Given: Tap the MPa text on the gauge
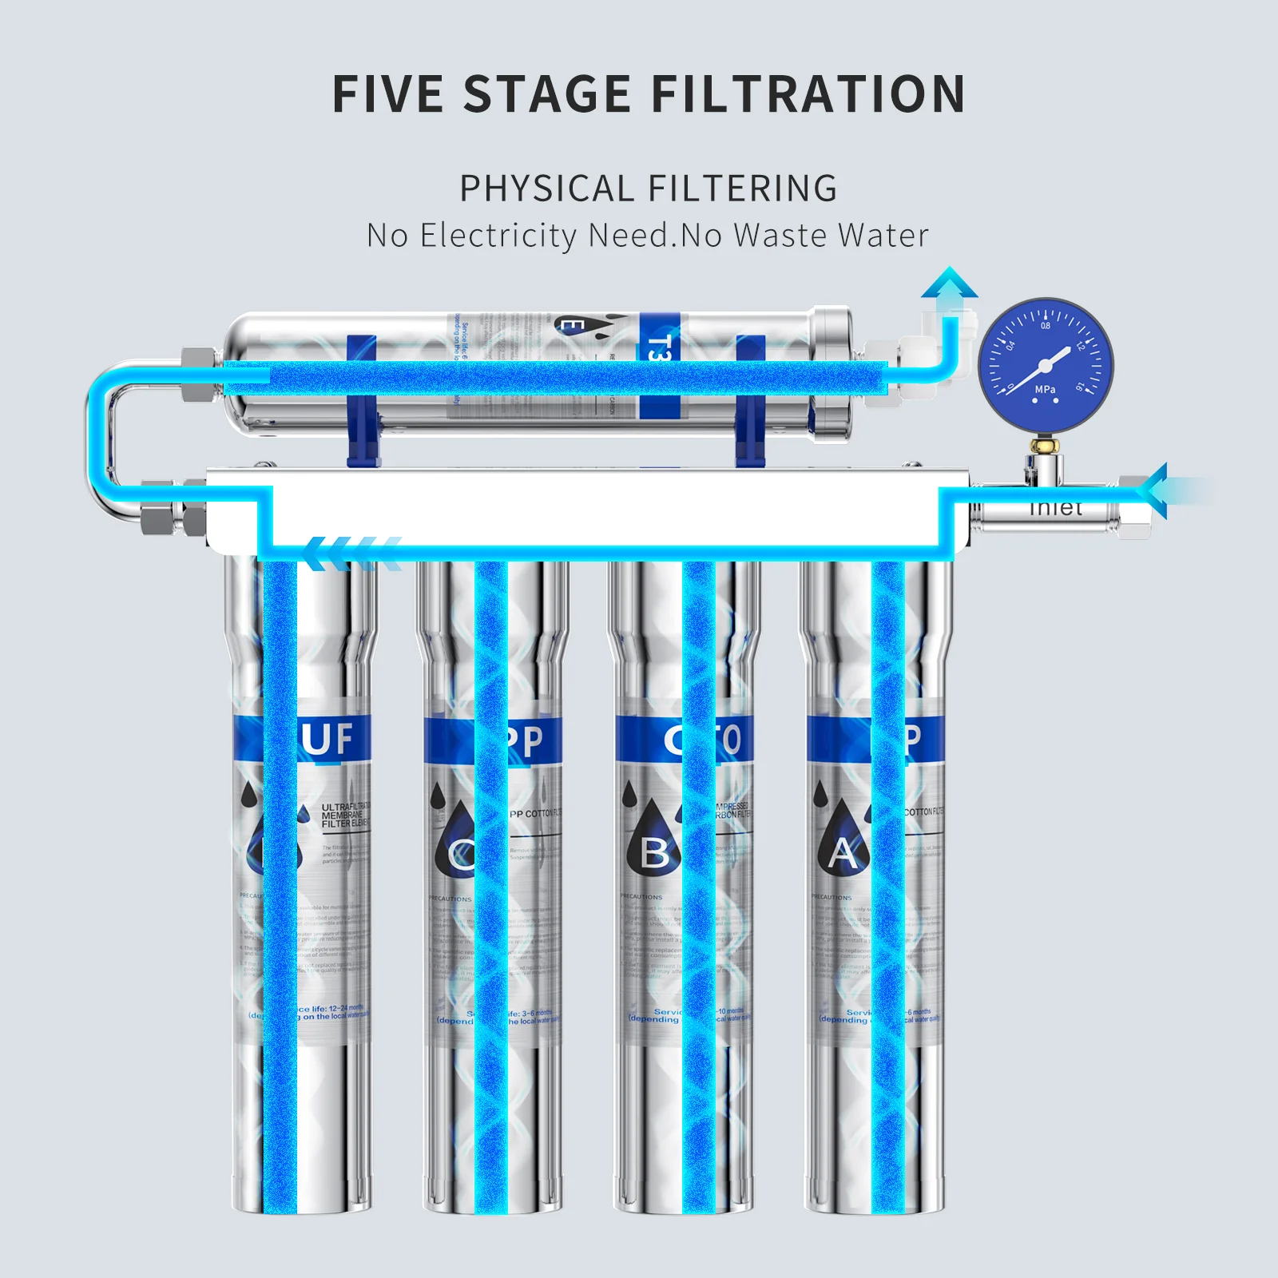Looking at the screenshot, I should (1045, 390).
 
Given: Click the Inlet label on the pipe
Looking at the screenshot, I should (1056, 508).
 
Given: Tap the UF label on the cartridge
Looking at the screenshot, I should (327, 739).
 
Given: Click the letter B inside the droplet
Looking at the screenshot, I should (655, 853).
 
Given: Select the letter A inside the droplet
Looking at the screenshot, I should (843, 853).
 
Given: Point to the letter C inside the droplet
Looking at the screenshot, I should (460, 855).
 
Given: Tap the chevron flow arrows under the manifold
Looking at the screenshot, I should (351, 553).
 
